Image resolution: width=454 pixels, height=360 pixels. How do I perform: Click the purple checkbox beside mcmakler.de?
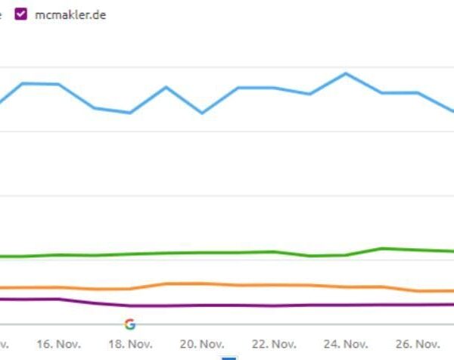point(21,15)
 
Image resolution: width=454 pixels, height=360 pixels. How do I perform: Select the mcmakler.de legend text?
point(70,15)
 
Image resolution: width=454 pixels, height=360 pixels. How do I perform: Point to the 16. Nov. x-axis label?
point(58,343)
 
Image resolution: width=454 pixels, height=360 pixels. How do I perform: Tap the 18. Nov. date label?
point(130,343)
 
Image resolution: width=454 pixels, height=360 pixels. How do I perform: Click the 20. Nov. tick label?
point(202,343)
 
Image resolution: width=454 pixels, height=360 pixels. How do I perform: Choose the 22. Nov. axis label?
point(274,343)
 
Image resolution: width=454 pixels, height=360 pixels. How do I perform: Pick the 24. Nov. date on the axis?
point(346,343)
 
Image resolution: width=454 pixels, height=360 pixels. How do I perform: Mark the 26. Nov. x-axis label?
point(418,343)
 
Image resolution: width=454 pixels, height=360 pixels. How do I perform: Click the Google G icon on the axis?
point(130,324)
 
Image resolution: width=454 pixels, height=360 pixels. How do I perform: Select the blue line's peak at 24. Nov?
point(346,73)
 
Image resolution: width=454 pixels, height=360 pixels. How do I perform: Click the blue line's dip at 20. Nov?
point(202,113)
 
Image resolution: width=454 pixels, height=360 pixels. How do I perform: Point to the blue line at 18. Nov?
point(130,113)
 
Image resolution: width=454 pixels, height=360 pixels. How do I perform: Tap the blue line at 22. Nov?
point(274,88)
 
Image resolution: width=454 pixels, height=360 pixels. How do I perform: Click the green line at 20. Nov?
point(202,253)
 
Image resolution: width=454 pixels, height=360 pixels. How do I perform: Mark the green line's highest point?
point(382,248)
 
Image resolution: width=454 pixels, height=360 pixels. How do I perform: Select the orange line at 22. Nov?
point(274,285)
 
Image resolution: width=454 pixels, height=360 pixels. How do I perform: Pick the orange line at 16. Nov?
point(58,287)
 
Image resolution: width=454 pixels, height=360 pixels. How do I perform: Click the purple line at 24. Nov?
point(346,305)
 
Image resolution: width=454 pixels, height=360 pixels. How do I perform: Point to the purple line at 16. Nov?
point(58,299)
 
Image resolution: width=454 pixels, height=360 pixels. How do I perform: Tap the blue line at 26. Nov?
point(418,93)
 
